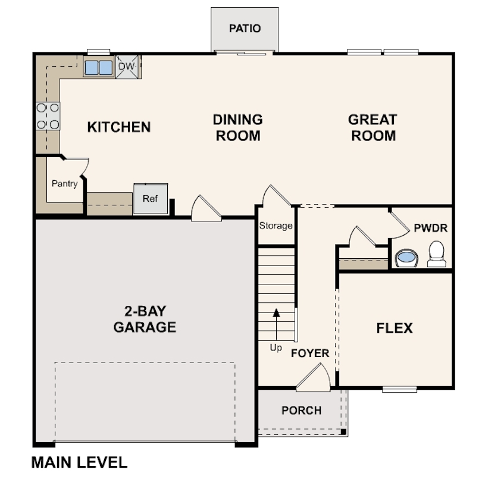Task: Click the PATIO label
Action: (x=245, y=29)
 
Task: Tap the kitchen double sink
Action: (x=98, y=67)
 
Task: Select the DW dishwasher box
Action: (x=127, y=67)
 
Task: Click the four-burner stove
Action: (x=48, y=116)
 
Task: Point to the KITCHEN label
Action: (x=119, y=127)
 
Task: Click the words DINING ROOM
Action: (x=237, y=127)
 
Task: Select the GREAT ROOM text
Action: (x=373, y=127)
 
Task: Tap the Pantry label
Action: (x=64, y=183)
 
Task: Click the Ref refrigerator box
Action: (x=150, y=198)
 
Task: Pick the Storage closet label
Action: (x=276, y=226)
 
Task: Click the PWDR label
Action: (x=430, y=227)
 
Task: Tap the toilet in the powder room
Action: (x=437, y=254)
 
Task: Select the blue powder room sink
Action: (x=406, y=258)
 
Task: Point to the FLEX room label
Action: (x=395, y=328)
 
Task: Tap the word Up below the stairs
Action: (x=276, y=348)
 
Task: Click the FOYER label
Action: (x=309, y=353)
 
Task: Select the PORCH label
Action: (x=301, y=411)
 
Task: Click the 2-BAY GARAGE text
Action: (x=145, y=319)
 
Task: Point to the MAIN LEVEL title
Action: (x=79, y=462)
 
